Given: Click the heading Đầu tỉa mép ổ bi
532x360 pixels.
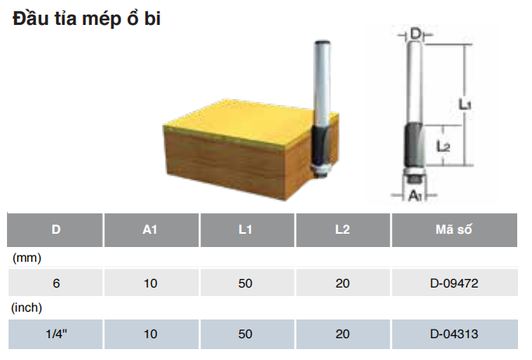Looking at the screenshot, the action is (86, 19).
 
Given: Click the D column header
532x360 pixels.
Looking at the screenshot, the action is (55, 230).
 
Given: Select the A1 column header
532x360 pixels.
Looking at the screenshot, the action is (150, 230).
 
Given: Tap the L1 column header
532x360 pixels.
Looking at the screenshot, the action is (245, 230).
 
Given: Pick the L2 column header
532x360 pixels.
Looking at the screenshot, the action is (343, 230).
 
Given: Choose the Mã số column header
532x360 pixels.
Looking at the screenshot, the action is (454, 230).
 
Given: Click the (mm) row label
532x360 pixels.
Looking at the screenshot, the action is (26, 258).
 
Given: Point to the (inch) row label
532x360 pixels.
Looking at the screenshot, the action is (26, 308).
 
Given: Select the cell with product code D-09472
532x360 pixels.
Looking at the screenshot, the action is (454, 284).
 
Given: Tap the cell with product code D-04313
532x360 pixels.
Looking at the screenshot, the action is (454, 334).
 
